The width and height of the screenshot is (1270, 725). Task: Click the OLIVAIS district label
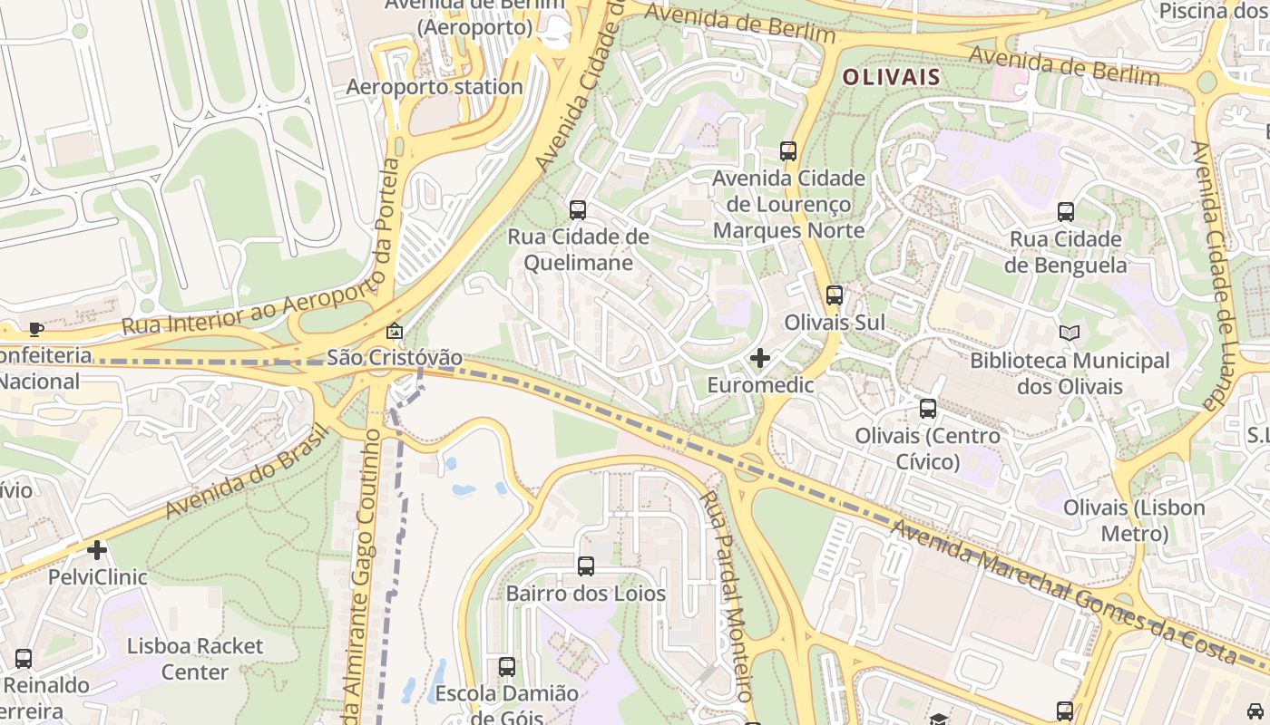point(891,77)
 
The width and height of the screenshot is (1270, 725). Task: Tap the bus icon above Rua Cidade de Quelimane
point(578,210)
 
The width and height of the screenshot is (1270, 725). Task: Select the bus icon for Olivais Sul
point(834,295)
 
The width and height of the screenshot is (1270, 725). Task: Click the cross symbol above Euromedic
point(760,359)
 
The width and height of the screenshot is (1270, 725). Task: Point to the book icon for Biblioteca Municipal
point(1070,333)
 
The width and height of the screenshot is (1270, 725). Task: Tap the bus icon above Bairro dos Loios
point(586,566)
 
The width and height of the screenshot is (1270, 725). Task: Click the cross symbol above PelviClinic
point(97,550)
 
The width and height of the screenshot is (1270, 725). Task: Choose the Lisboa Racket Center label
point(195,659)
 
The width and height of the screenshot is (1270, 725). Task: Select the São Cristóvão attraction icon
point(394,332)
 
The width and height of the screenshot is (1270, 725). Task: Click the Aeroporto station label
point(435,87)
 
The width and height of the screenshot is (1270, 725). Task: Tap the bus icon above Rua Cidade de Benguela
point(1066,212)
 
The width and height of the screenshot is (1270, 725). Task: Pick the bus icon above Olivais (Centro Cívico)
point(927,409)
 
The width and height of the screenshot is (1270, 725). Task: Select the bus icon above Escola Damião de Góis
point(507,667)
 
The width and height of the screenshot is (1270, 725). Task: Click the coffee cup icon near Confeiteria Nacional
point(35,329)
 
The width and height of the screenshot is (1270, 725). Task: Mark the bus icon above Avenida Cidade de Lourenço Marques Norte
point(788,151)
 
